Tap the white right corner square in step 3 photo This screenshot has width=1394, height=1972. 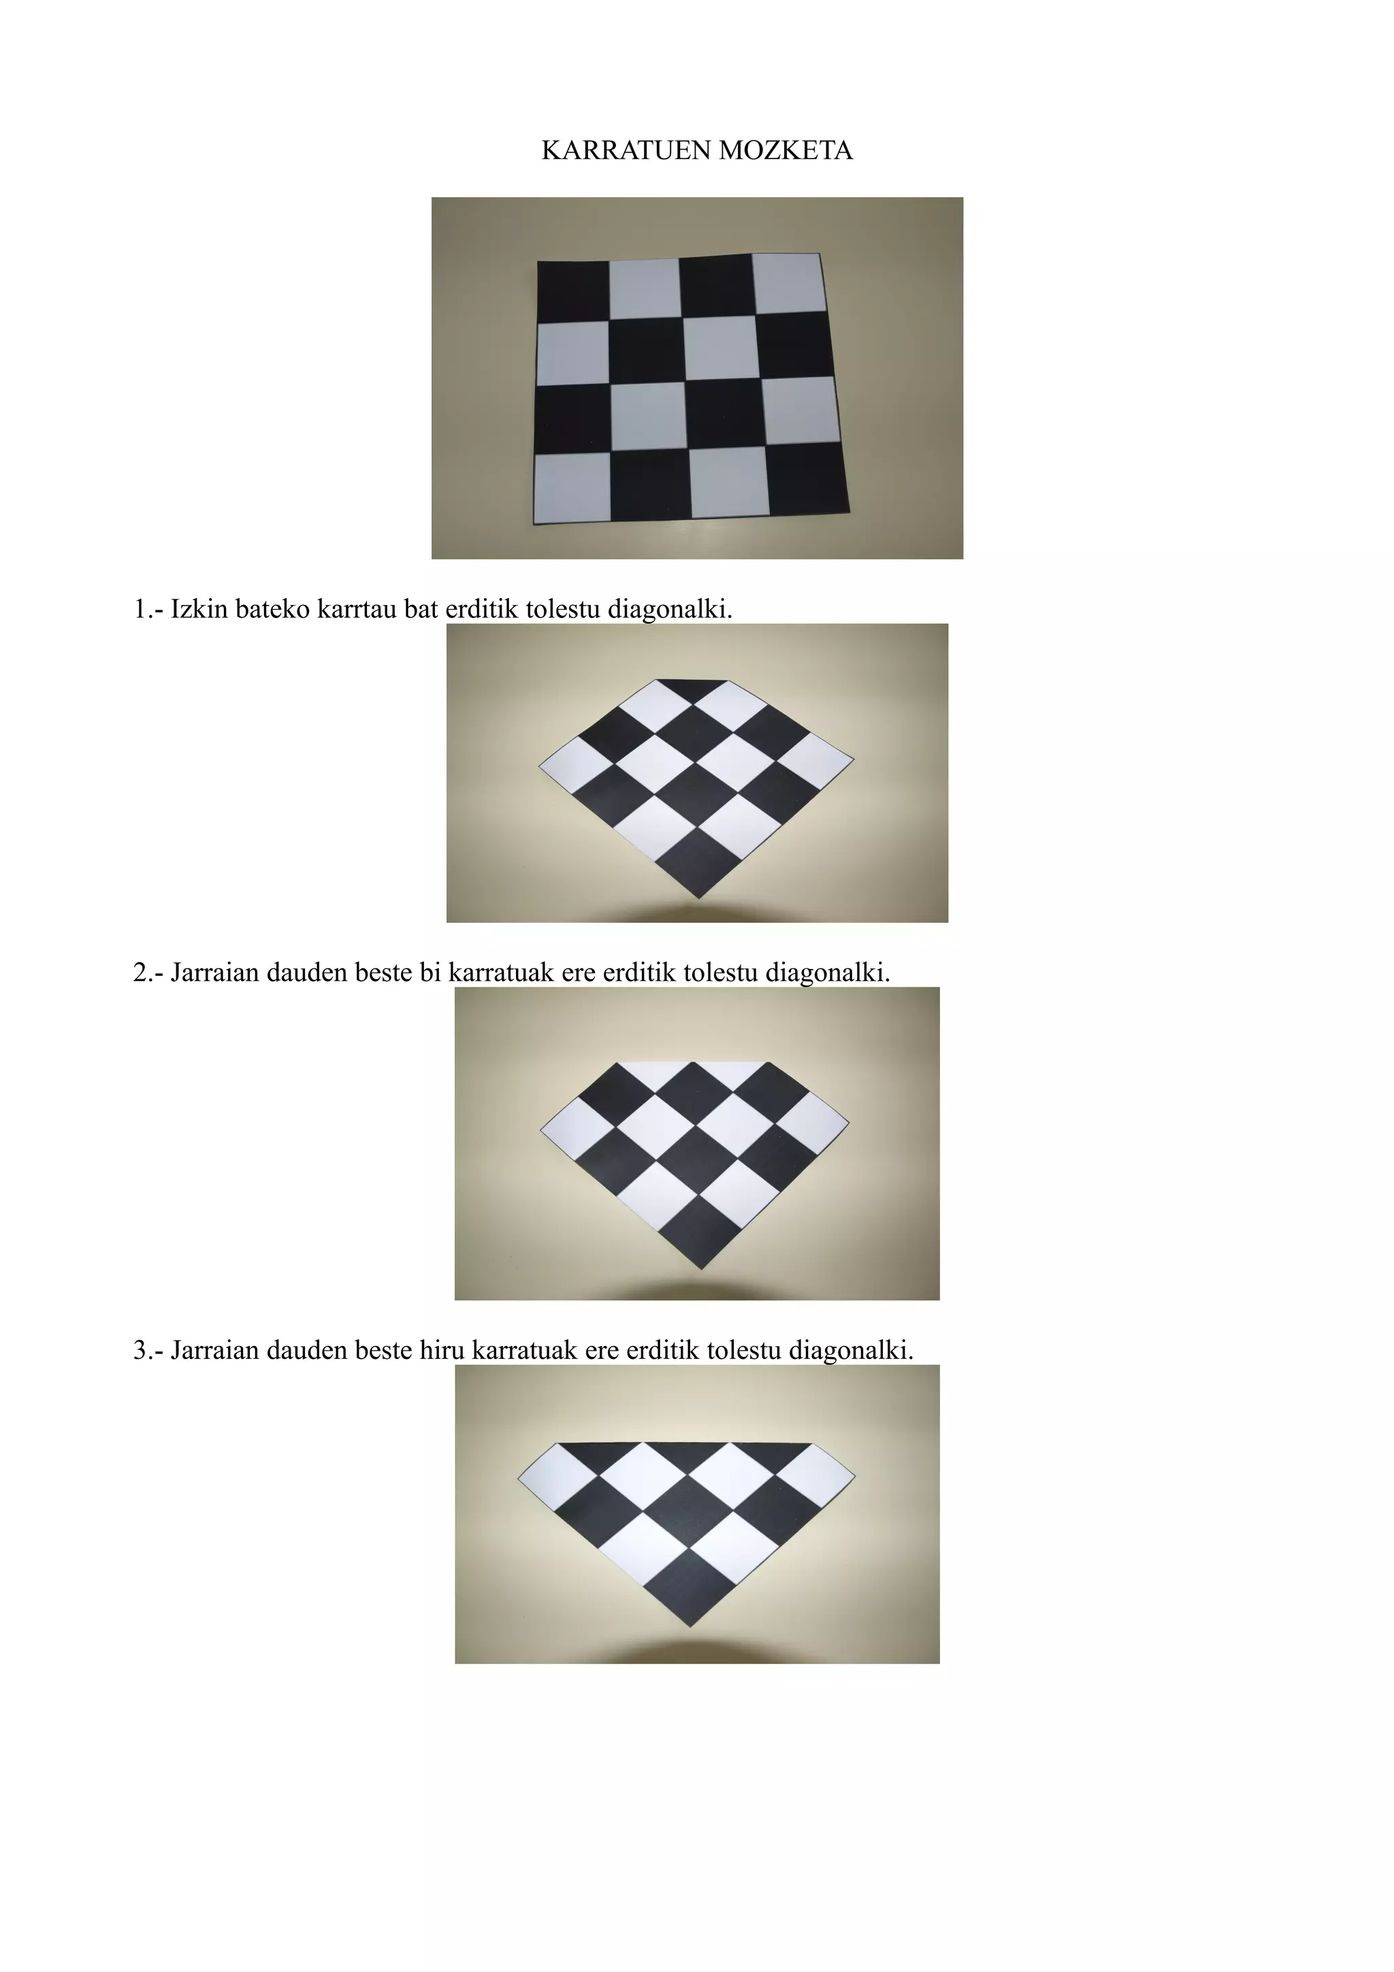tap(815, 1475)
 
